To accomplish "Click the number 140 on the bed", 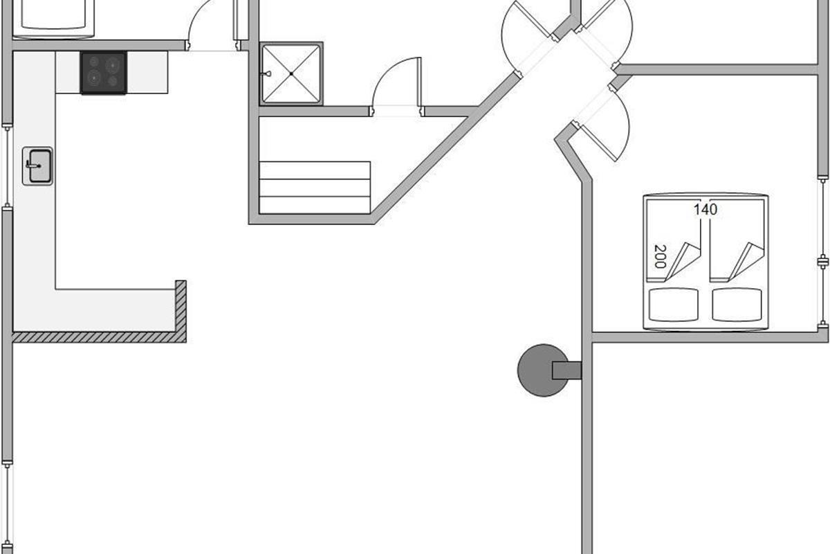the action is [x=705, y=210].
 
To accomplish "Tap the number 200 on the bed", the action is [x=660, y=256].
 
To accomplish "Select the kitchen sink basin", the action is [x=40, y=166].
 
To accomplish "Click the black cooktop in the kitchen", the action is [x=104, y=73].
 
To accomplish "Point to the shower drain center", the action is [x=292, y=74].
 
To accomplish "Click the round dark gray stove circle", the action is [x=543, y=370].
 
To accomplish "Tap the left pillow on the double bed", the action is [x=673, y=305].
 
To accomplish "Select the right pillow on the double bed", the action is [x=737, y=305].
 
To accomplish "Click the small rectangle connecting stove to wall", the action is [x=566, y=370].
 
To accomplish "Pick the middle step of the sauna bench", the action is [x=315, y=188].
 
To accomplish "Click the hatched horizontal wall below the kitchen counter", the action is [x=100, y=337].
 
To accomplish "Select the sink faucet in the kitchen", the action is [x=33, y=165].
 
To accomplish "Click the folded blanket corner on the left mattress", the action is [x=682, y=262].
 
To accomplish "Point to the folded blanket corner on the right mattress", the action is [x=746, y=262].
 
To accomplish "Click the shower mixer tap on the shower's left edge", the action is [x=266, y=74].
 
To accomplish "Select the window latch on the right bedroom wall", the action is [x=823, y=262].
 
